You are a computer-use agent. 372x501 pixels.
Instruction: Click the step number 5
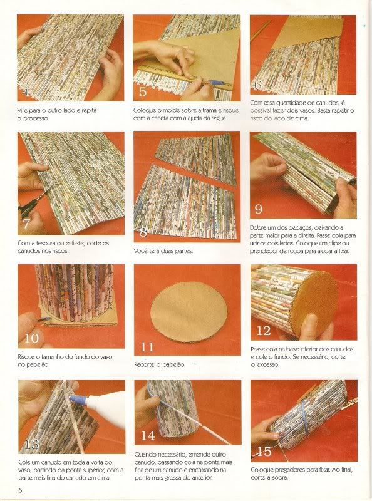(143, 91)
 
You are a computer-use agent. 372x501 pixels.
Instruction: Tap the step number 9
(258, 209)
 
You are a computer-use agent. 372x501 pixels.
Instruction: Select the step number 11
(147, 347)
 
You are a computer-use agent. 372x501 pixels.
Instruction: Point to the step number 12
(264, 331)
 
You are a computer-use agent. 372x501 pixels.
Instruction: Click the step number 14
(148, 435)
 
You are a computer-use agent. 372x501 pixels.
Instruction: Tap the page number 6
(20, 490)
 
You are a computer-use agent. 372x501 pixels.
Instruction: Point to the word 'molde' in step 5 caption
(171, 110)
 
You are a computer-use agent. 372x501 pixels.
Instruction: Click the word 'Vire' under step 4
(23, 111)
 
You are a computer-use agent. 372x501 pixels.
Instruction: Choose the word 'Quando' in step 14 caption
(145, 455)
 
